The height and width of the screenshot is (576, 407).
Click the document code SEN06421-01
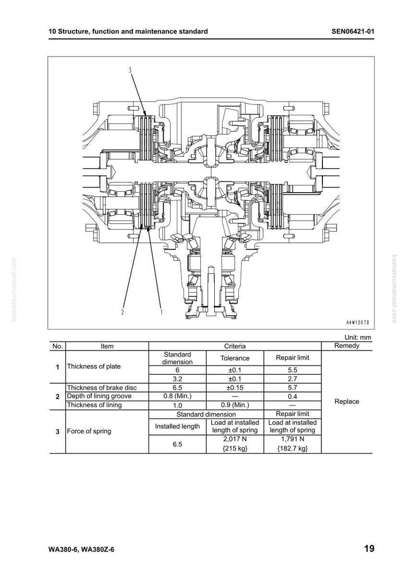(353, 31)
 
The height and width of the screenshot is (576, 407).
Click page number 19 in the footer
(369, 549)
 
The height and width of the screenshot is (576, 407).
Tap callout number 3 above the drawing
(130, 70)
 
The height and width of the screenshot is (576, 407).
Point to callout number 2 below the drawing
(123, 312)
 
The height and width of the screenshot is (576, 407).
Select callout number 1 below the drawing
(161, 312)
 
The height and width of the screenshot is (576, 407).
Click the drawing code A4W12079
(357, 322)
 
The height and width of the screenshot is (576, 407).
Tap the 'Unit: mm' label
(357, 337)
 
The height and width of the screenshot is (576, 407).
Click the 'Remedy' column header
(347, 346)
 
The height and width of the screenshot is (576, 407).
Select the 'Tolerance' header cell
(235, 358)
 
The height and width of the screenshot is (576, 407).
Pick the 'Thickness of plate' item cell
(94, 366)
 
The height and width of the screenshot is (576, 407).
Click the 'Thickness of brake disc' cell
(101, 387)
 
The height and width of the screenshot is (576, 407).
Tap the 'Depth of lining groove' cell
(99, 396)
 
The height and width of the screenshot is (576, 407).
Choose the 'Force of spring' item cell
(89, 431)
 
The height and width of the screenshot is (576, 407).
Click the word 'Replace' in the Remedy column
(347, 402)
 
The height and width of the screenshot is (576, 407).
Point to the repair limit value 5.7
(292, 387)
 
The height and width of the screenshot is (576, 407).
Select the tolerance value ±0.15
(235, 387)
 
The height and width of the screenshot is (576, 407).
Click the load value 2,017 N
(235, 439)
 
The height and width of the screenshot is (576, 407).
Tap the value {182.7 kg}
(292, 448)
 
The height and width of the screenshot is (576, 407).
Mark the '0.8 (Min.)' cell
(177, 396)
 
